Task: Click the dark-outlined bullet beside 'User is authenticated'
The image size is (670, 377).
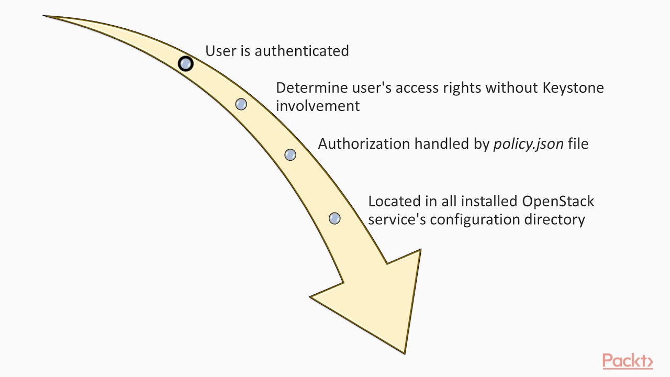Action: point(185,64)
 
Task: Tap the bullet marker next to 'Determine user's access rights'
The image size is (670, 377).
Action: point(241,104)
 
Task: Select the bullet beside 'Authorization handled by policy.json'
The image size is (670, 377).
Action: point(290,154)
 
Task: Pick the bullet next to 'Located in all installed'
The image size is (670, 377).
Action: point(334,218)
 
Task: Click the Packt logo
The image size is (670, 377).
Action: point(627,361)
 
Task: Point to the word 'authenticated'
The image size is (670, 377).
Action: point(301,51)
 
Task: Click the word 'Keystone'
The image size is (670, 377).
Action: point(573,87)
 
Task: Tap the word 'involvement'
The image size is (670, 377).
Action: point(318,106)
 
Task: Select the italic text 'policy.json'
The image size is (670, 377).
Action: point(528,144)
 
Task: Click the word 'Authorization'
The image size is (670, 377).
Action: point(364,144)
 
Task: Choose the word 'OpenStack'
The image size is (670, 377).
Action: point(558,202)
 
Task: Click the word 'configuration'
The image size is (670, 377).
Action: point(475,219)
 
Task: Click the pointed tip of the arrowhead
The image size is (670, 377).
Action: point(405,353)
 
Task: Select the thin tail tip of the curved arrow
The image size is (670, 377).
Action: point(44,16)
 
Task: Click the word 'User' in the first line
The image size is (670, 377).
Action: point(219,51)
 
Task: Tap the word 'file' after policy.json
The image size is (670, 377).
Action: point(578,144)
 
